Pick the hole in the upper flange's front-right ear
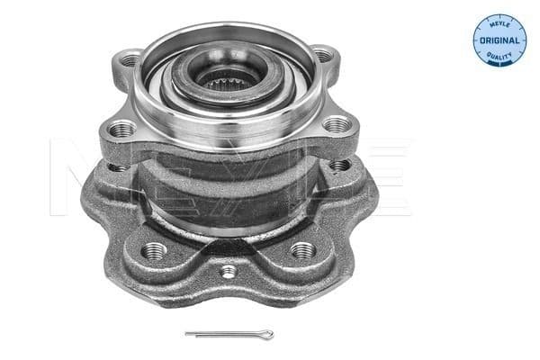335,127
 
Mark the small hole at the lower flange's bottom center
229,271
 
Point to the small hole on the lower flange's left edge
114,166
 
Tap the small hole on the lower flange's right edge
338,165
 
